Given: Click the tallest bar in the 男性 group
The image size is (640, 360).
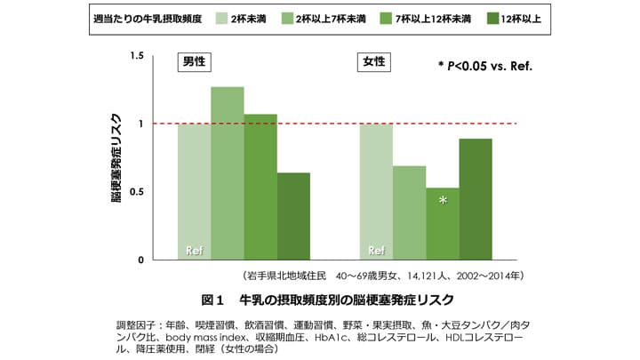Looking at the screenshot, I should pyautogui.click(x=228, y=173).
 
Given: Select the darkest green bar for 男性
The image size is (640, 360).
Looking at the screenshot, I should pyautogui.click(x=293, y=216).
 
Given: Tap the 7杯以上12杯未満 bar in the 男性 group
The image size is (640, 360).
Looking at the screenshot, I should pyautogui.click(x=260, y=187).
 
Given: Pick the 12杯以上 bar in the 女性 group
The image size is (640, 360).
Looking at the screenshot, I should pyautogui.click(x=476, y=199).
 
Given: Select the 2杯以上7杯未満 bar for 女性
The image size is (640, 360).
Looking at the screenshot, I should pyautogui.click(x=410, y=212).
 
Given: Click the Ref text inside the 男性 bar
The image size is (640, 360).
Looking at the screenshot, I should pyautogui.click(x=194, y=250).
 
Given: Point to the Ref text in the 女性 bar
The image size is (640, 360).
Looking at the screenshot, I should pyautogui.click(x=376, y=250).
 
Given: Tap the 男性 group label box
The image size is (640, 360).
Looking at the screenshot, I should pyautogui.click(x=197, y=62).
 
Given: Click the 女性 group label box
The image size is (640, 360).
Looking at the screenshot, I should pyautogui.click(x=374, y=62).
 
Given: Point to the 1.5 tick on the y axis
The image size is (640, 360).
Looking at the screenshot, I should pyautogui.click(x=136, y=56).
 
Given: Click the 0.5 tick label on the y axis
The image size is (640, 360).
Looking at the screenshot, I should pyautogui.click(x=136, y=192).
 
